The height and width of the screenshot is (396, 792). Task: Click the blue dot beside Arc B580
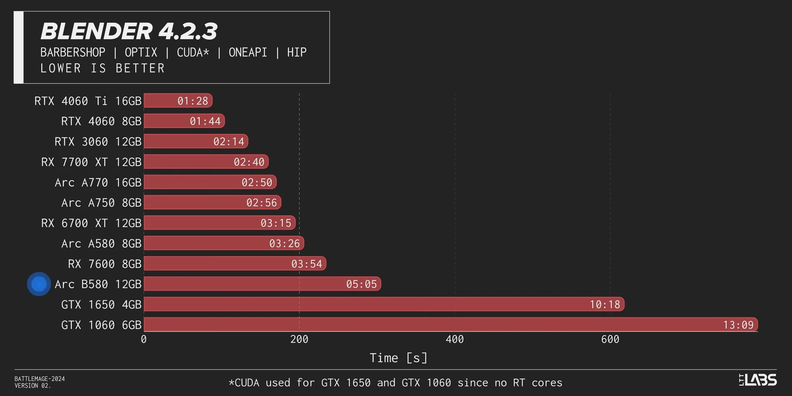(39, 284)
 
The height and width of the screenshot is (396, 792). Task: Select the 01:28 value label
(193, 101)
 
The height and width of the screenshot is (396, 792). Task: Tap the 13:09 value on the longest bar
(738, 325)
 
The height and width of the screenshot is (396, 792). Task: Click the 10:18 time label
(605, 305)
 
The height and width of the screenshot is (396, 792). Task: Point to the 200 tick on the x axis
(299, 339)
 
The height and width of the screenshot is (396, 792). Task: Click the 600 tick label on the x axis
(610, 339)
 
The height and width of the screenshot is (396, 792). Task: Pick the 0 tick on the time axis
(144, 339)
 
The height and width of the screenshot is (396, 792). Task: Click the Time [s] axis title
(398, 358)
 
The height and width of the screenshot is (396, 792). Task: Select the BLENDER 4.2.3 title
(129, 31)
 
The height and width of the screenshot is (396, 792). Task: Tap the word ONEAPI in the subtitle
(248, 52)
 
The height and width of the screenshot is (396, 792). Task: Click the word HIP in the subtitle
(297, 52)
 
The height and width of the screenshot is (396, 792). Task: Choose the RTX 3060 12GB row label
(98, 142)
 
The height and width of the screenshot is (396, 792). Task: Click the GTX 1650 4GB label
(101, 305)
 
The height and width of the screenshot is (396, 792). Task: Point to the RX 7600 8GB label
(104, 264)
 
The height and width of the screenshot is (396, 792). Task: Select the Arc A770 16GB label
(98, 182)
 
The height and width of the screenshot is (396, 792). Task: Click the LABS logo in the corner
(758, 379)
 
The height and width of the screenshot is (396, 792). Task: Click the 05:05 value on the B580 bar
(361, 284)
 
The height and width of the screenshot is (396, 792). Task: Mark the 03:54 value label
(306, 264)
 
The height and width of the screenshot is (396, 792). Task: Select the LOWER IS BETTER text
(102, 68)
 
